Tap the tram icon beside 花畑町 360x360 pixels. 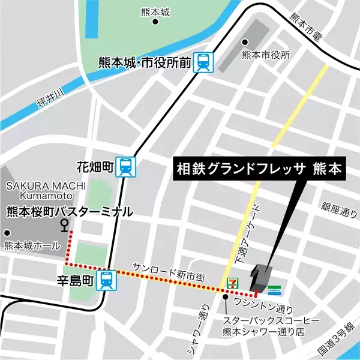(127, 166)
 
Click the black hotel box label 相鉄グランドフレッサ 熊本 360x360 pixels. (258, 170)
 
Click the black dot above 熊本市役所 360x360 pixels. (245, 43)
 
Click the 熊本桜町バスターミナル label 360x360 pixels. (69, 211)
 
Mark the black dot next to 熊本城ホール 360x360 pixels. (8, 233)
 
